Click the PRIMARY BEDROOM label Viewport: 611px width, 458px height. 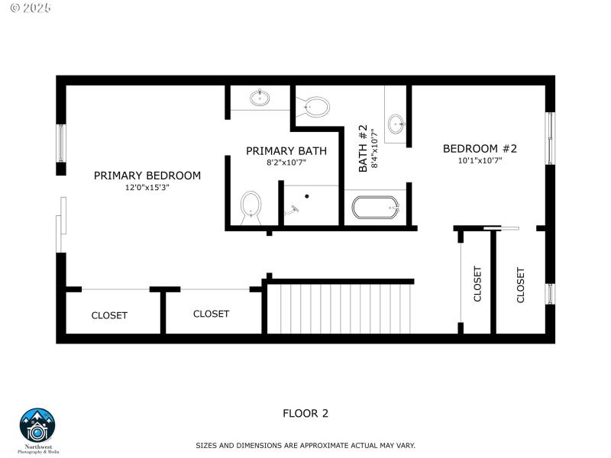147,176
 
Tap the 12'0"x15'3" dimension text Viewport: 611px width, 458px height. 147,188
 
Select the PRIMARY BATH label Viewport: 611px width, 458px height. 286,151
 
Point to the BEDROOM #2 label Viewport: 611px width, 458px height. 480,149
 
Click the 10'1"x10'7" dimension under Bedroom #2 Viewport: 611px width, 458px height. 480,161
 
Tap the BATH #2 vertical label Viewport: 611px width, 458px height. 363,148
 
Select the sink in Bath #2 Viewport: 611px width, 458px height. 396,123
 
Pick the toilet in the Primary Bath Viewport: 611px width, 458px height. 251,206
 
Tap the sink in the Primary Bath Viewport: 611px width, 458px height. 260,98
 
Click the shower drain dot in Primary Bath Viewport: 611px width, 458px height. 306,196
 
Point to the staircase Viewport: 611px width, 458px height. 340,308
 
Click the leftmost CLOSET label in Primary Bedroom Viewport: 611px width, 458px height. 109,315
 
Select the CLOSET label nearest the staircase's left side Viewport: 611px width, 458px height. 211,314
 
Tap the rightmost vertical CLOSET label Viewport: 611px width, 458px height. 521,285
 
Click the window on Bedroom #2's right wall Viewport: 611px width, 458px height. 549,138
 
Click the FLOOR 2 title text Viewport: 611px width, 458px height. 305,414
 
